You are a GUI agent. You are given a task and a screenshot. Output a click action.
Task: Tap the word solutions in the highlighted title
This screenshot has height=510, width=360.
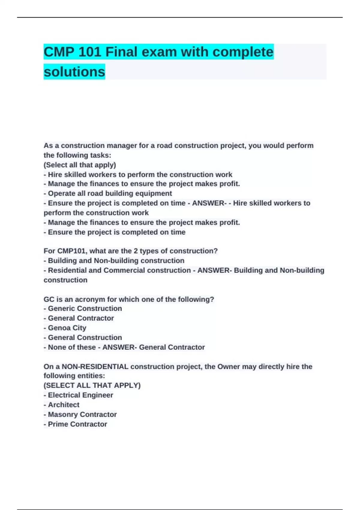(74, 72)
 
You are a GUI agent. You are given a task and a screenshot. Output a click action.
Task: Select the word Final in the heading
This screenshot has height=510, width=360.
(121, 52)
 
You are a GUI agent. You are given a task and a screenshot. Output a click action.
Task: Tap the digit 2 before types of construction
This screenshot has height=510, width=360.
(136, 251)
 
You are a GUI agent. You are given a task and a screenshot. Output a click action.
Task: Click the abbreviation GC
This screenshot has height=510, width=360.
(49, 299)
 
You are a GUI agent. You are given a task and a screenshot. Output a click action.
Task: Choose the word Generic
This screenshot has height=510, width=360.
(61, 308)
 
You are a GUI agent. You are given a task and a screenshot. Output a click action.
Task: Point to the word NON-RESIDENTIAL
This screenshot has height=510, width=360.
(94, 367)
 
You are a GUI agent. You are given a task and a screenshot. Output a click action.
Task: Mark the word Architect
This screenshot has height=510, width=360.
(64, 405)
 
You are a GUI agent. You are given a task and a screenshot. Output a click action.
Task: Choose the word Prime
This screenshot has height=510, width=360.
(58, 424)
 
